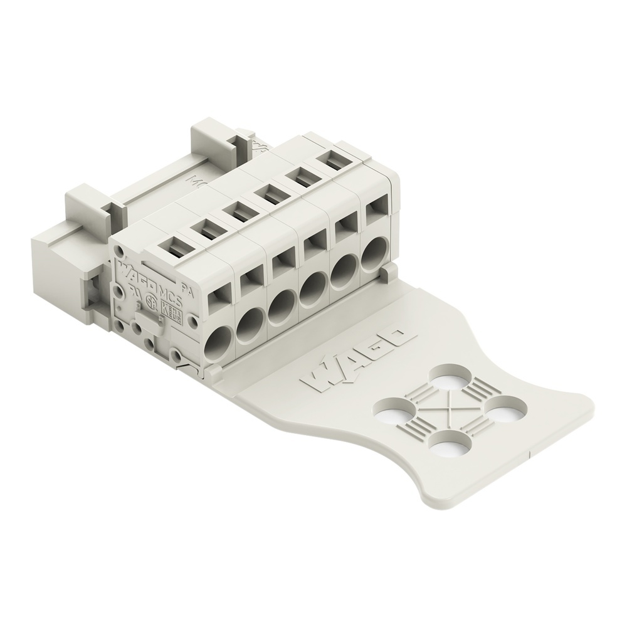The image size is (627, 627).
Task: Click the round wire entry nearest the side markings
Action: (x=219, y=344)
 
